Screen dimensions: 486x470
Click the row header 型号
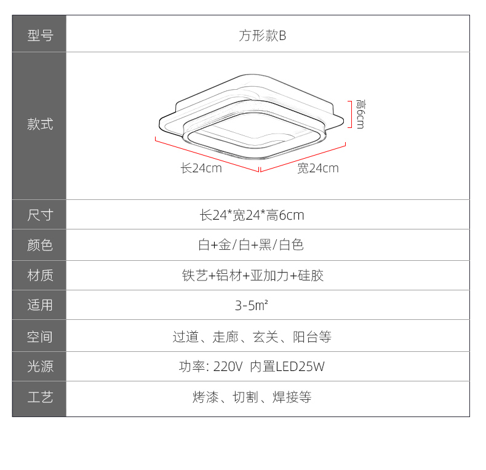[x=40, y=35]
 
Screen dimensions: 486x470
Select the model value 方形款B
[x=262, y=36]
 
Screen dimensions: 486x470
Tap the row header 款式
[x=40, y=124]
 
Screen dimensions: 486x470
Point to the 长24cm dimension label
[x=201, y=168]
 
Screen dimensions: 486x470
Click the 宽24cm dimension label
[x=318, y=168]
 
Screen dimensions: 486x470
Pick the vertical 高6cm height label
[x=361, y=114]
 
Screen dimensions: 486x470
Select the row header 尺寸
[x=40, y=215]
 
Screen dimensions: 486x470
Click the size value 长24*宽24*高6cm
[x=252, y=215]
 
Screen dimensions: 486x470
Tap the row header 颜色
[x=40, y=245]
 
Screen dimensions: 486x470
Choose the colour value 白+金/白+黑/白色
[x=251, y=245]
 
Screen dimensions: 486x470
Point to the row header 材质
[x=40, y=276]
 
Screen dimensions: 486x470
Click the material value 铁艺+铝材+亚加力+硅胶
[x=253, y=276]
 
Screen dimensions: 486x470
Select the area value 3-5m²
[x=252, y=305]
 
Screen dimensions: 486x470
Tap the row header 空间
[x=40, y=337]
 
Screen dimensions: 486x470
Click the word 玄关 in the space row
[x=266, y=337]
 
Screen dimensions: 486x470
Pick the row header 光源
[x=40, y=367]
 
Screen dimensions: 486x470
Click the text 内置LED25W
[x=287, y=367]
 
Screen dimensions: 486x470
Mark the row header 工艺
[x=40, y=397]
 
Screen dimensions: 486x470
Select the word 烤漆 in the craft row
[x=205, y=397]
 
